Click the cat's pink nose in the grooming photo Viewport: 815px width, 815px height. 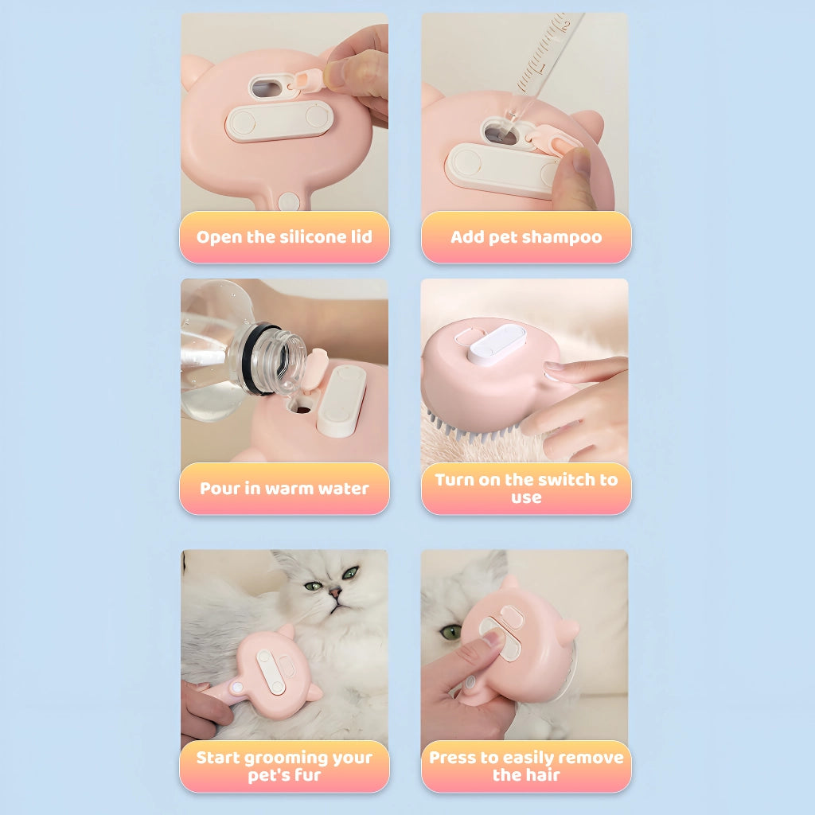tap(335, 591)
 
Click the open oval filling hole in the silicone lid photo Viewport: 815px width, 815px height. tap(267, 88)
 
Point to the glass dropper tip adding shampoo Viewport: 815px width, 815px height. tap(512, 118)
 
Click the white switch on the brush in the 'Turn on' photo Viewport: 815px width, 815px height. tap(497, 343)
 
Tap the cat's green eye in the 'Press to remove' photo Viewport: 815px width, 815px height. tap(450, 632)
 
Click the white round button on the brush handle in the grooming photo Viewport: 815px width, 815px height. tap(237, 688)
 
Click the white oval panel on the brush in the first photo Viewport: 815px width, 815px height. tap(279, 121)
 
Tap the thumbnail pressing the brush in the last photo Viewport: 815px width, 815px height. tap(491, 636)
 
